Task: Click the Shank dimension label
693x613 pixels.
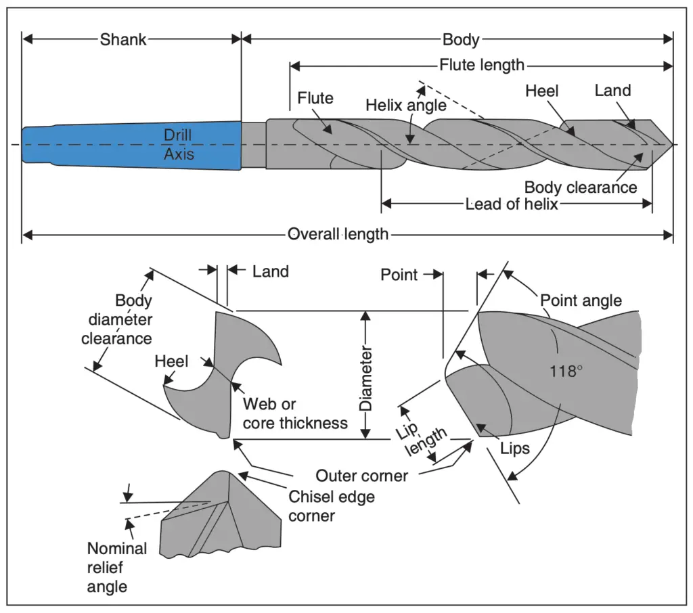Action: [123, 39]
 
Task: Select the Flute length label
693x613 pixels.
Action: [482, 65]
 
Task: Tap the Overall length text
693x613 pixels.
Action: [338, 234]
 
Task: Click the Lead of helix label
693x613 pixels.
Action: [512, 204]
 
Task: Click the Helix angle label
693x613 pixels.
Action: [406, 106]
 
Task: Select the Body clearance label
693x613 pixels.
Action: [581, 187]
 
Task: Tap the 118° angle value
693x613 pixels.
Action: [566, 371]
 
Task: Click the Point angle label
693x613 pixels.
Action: [581, 300]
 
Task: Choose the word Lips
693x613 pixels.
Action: [515, 449]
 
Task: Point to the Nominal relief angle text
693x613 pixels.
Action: [116, 567]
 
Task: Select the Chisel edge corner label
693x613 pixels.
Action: [331, 505]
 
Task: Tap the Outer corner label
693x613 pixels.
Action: [361, 476]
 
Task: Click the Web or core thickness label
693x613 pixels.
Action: [295, 413]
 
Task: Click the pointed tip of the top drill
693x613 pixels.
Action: [671, 144]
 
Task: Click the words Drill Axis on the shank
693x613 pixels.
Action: [179, 145]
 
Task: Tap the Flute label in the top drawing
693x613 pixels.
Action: [315, 98]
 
